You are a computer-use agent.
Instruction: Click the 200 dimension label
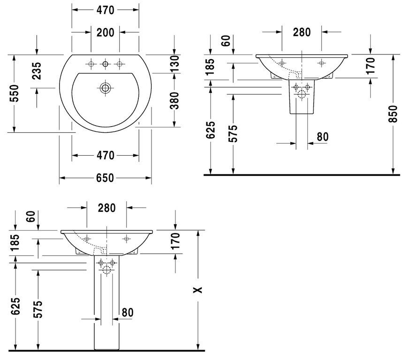point(106,33)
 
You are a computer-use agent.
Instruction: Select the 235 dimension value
point(36,70)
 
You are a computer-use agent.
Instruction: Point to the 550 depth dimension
point(14,93)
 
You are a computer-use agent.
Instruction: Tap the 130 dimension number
point(175,64)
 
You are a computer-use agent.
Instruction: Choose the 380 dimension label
point(175,101)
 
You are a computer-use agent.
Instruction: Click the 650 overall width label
point(105,178)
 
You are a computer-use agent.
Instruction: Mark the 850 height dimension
point(393,114)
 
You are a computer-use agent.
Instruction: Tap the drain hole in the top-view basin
point(106,88)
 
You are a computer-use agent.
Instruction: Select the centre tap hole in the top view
point(106,64)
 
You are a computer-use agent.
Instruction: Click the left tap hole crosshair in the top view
point(91,64)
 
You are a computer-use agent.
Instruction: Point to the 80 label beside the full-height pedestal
point(128,312)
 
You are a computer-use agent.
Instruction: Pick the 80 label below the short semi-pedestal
point(322,136)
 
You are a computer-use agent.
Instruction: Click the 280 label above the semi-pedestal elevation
point(302,32)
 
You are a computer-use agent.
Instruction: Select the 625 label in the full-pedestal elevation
point(15,306)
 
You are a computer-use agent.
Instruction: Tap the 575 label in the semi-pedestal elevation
point(233,134)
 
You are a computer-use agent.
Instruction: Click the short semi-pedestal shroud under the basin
point(302,97)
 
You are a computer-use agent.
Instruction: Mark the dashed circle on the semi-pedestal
point(302,94)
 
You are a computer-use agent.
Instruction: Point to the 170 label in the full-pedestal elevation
point(175,240)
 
